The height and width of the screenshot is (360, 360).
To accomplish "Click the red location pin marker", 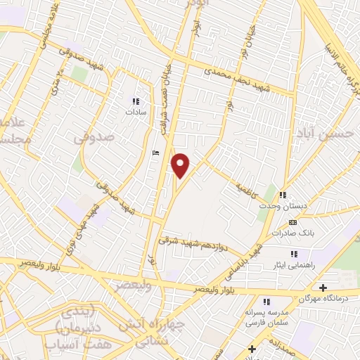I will coord(181,165).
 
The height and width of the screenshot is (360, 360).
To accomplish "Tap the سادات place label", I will coord(135,111).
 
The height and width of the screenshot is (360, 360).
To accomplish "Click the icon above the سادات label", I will coord(135,101).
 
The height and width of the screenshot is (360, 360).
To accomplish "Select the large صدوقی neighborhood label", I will coord(94,139).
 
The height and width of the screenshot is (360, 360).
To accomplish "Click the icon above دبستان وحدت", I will coord(283,195).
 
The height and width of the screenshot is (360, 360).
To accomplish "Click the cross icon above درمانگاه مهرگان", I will coord(323,288).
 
